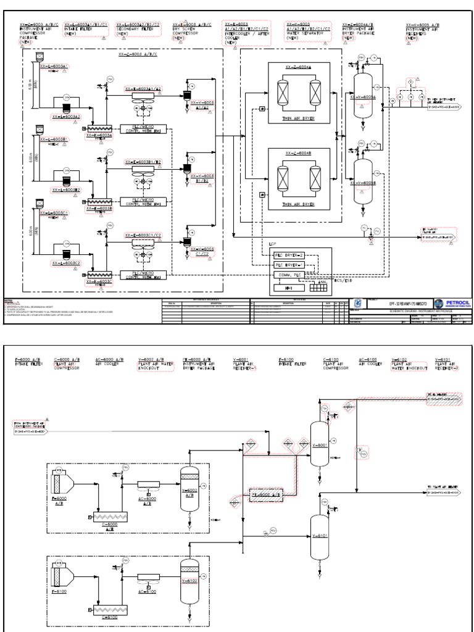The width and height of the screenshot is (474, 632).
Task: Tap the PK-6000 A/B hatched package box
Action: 265,494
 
